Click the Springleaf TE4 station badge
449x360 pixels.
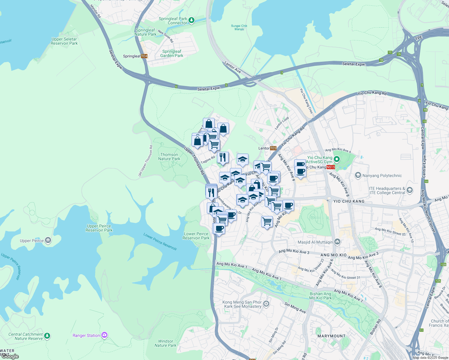pos(144,56)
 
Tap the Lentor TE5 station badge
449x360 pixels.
pos(273,148)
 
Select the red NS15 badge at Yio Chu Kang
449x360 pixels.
pos(330,167)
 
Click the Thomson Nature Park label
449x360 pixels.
pos(169,157)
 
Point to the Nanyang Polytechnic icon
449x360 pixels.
pos(358,175)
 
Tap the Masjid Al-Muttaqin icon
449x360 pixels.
pos(337,242)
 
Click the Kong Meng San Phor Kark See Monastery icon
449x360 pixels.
pos(266,304)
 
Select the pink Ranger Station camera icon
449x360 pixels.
pos(104,335)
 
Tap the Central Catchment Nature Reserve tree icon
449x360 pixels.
pos(47,336)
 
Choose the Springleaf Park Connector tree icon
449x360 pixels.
pos(191,20)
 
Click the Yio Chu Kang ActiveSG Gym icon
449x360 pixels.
pos(337,159)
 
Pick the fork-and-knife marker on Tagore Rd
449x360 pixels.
pos(223,157)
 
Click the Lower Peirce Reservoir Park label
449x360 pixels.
pos(196,236)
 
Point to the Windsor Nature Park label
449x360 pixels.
pos(165,343)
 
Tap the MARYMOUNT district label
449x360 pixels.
pos(331,336)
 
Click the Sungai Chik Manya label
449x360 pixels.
pos(239,27)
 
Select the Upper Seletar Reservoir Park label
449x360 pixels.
pos(64,41)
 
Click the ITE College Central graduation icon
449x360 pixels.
pos(410,190)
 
